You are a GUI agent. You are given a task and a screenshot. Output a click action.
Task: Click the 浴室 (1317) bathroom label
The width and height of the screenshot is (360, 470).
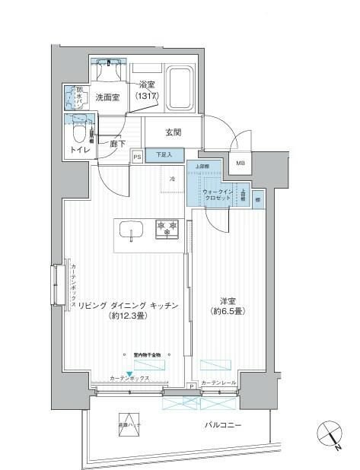point(148,91)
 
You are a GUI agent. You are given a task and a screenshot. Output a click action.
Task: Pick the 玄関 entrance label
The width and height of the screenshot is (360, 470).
point(174,132)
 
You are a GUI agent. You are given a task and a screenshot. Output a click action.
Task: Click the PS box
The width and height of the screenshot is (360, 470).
point(138,157)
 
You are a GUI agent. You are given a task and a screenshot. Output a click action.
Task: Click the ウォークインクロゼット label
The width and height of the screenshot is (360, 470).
point(219,193)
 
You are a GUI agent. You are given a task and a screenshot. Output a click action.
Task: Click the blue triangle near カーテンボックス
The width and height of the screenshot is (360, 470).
point(129,372)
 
